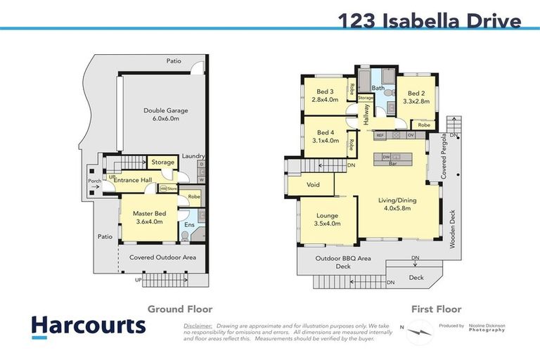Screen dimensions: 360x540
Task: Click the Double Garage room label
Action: [x=162, y=115]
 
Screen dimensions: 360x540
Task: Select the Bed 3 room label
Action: [x=325, y=96]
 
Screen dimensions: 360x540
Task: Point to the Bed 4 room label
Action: [x=325, y=136]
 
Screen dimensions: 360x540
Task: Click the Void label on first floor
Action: [x=314, y=185]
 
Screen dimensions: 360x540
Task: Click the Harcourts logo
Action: [x=88, y=326]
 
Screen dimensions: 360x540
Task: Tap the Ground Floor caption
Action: [x=179, y=309]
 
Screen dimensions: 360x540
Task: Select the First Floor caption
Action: [x=436, y=309]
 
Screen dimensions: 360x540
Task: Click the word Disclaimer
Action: [x=198, y=326]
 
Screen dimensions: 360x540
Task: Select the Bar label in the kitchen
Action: [x=394, y=163]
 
